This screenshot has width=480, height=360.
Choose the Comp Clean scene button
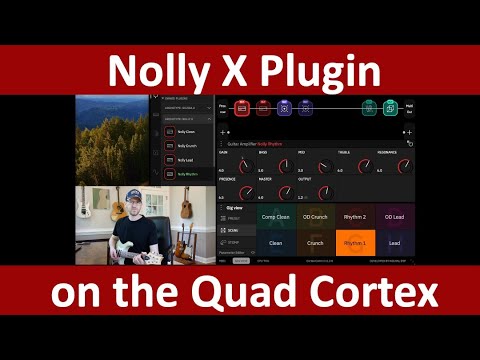coord(276,216)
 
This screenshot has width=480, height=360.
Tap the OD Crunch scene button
coord(315,216)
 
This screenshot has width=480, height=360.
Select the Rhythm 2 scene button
coord(355,216)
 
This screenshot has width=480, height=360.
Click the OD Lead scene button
coord(394,216)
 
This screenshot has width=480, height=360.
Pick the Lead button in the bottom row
coord(394,242)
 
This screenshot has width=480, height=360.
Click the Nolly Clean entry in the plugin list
coord(185,132)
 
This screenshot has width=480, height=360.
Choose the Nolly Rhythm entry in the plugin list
coord(185,174)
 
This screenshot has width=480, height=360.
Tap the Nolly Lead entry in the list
coord(185,160)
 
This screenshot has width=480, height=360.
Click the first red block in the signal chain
coord(241,108)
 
